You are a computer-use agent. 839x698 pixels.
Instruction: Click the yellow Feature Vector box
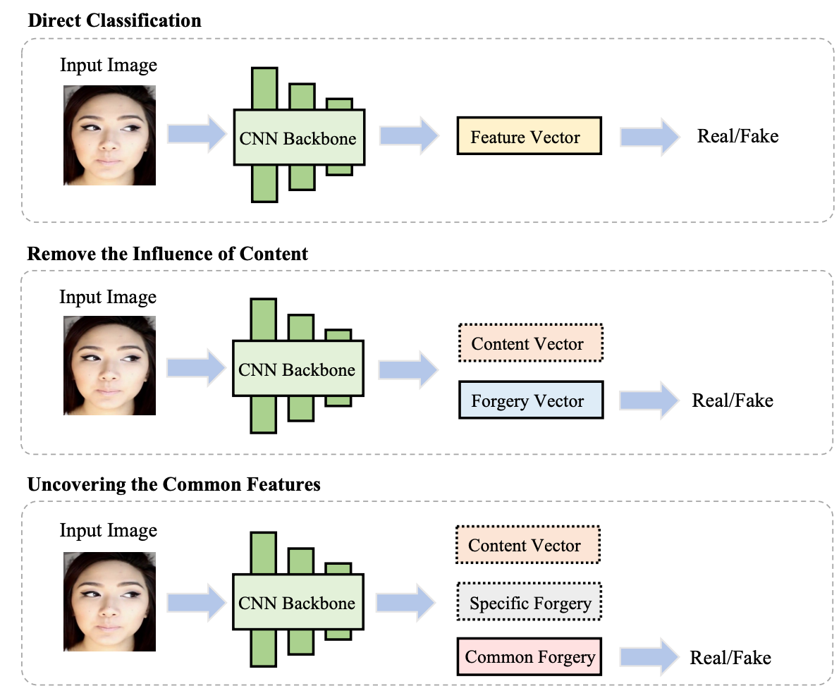click(529, 136)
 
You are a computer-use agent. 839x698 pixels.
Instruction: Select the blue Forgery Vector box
click(530, 400)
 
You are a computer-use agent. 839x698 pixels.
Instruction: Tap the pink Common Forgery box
click(529, 656)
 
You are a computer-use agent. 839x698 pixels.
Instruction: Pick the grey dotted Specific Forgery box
click(529, 603)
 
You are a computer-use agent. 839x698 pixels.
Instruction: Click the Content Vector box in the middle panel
click(530, 343)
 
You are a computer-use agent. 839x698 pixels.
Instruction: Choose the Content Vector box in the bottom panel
click(527, 545)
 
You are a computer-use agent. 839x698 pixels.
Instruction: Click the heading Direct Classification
click(114, 20)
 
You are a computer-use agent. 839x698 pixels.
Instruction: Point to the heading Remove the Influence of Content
click(168, 253)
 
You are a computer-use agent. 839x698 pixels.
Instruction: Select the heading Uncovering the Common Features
click(173, 484)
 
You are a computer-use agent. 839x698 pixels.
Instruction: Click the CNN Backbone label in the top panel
click(298, 138)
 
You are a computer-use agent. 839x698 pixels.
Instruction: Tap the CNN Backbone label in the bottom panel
click(297, 603)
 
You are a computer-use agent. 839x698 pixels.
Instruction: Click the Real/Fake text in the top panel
click(737, 135)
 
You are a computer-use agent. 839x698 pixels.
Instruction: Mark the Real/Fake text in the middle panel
click(733, 400)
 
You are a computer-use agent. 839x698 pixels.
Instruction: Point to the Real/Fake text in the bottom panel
click(730, 657)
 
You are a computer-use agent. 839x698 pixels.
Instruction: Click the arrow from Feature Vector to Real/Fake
click(648, 137)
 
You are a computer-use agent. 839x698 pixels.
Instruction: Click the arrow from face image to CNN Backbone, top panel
click(195, 135)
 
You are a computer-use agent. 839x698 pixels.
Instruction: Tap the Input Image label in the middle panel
click(108, 297)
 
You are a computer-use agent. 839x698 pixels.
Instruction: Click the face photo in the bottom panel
click(109, 601)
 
